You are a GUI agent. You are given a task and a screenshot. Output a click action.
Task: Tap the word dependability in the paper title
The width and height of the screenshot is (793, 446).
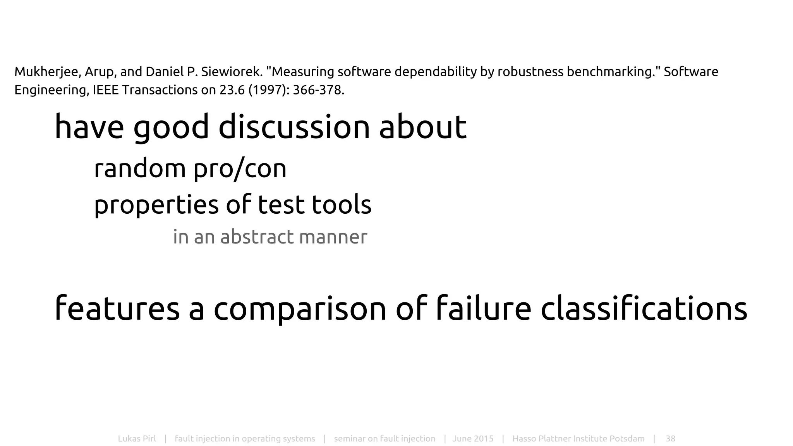[x=438, y=72]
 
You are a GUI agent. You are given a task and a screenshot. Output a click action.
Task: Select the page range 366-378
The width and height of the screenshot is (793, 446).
[x=318, y=90]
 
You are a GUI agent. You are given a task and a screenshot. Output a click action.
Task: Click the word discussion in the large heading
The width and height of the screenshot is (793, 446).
[x=294, y=127]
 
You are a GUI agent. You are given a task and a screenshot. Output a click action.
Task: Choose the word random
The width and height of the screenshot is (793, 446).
[x=140, y=169]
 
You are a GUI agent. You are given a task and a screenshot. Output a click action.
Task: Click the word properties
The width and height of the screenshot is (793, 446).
[x=156, y=205]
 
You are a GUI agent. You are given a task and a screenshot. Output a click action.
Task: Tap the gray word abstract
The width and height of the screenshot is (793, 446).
[x=257, y=237]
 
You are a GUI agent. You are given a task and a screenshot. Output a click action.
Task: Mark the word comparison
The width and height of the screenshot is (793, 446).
[x=300, y=309]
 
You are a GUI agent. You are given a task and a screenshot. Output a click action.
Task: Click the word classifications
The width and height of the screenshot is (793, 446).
[x=644, y=309]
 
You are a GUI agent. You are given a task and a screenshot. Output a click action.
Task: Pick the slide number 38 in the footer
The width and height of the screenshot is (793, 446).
[x=670, y=439]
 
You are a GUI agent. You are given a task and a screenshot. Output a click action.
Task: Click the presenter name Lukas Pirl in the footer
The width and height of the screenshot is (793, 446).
[x=137, y=439]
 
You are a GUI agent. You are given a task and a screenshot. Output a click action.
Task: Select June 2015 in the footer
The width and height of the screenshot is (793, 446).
[x=473, y=439]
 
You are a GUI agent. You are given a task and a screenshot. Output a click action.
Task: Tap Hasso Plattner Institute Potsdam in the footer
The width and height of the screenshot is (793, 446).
[x=578, y=439]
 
